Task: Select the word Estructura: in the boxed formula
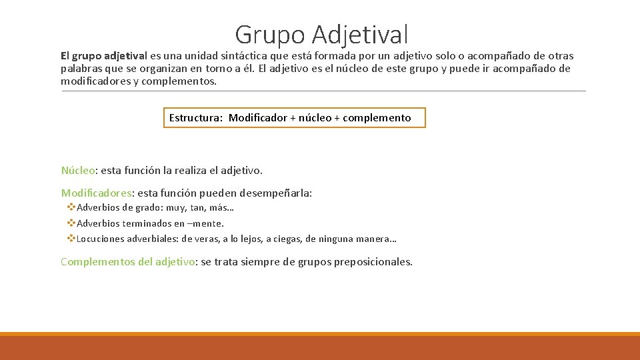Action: [196, 118]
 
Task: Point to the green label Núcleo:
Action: [79, 171]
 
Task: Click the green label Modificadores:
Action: [97, 193]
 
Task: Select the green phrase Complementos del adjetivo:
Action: [129, 262]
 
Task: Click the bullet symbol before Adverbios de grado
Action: [71, 208]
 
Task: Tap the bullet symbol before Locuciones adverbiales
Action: [71, 239]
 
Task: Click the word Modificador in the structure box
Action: [258, 118]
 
